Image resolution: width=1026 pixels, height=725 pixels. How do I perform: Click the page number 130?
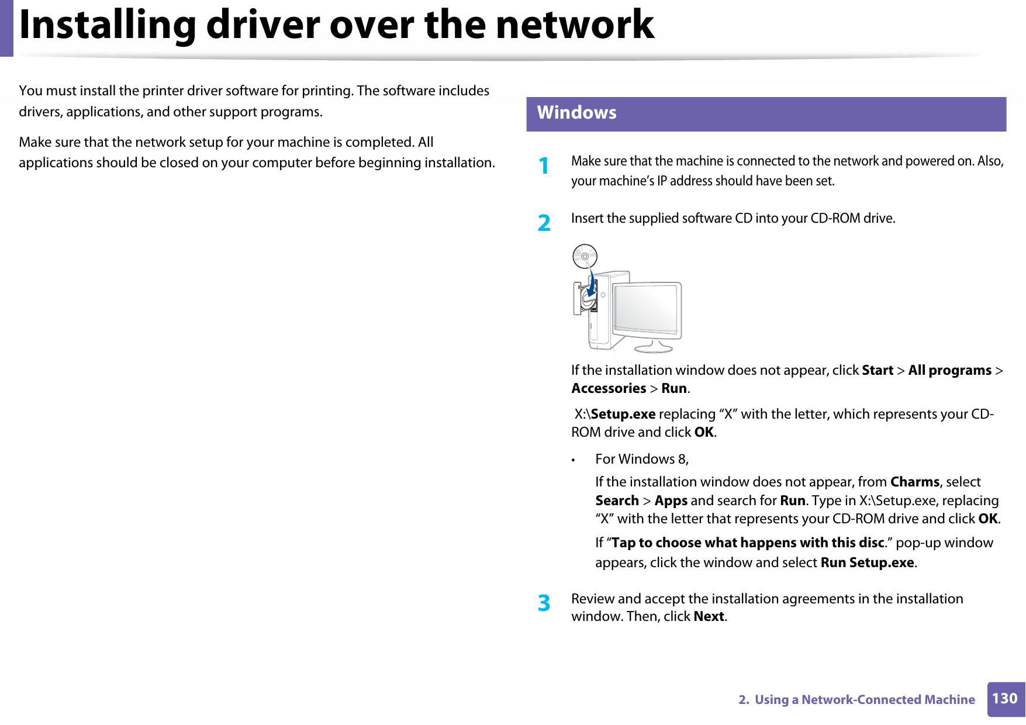1005,699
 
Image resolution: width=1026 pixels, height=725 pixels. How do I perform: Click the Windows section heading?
576,113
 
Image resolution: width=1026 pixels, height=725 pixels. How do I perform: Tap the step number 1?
544,166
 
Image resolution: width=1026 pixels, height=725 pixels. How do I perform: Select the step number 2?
544,223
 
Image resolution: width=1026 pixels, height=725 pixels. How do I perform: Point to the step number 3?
544,603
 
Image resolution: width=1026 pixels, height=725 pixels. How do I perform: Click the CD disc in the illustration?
585,256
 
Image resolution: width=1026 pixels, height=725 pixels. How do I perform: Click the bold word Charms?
914,482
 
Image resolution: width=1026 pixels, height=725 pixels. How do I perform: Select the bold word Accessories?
609,389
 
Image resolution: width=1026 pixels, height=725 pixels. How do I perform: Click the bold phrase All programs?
949,371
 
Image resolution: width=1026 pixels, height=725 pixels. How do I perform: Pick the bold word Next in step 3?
709,617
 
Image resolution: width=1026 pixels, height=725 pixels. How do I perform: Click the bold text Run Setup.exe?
867,562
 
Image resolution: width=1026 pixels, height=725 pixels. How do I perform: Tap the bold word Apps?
671,501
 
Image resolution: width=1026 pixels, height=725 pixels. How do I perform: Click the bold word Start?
877,371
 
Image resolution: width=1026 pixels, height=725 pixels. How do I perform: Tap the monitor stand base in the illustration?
654,348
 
